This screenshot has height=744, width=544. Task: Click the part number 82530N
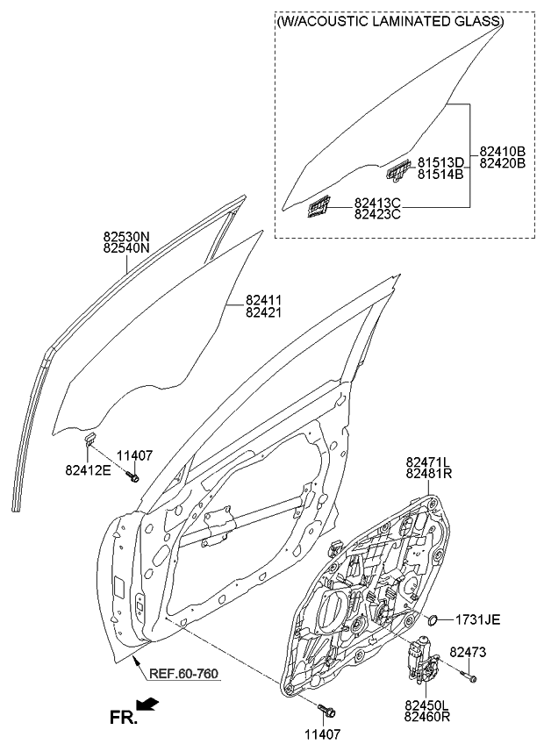click(x=127, y=236)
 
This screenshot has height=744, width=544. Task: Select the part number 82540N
click(x=127, y=248)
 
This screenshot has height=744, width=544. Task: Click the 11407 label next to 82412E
click(x=135, y=455)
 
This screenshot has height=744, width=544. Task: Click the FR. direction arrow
click(x=149, y=705)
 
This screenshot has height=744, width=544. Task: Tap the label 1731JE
click(x=477, y=620)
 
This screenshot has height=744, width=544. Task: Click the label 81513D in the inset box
click(x=440, y=161)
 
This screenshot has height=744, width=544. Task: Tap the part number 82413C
click(x=377, y=202)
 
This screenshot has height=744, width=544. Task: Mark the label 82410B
click(x=502, y=151)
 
